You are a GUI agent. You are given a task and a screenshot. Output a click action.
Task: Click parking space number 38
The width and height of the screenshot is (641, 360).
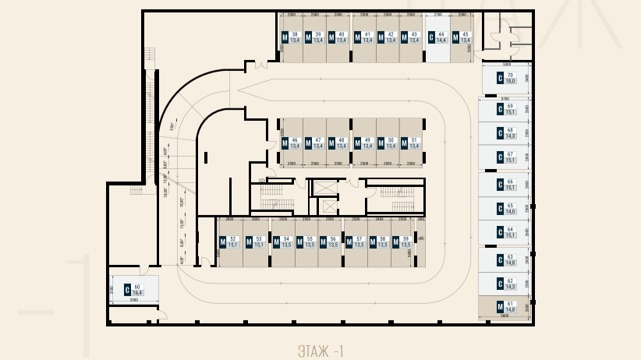292,38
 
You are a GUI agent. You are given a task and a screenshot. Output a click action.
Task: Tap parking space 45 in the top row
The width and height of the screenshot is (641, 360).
462,38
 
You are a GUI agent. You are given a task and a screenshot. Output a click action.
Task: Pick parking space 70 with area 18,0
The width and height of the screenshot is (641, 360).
506,78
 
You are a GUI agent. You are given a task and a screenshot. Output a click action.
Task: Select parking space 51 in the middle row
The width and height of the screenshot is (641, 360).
412,143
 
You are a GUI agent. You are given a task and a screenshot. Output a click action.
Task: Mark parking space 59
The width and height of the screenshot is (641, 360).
402,242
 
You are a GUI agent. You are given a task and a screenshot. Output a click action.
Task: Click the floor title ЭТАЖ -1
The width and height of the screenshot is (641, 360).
320,351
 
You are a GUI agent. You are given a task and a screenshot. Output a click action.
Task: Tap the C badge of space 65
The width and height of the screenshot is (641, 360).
498,209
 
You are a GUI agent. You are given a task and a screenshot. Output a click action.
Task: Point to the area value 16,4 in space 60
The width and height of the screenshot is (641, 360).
137,293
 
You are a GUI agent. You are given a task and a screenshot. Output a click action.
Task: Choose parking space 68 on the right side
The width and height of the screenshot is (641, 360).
506,132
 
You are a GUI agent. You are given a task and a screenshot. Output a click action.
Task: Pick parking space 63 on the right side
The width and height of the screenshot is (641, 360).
506,259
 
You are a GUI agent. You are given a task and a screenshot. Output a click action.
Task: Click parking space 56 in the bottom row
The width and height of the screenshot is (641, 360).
331,242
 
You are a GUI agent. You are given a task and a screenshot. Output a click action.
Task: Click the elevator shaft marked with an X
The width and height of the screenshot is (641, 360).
326,206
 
